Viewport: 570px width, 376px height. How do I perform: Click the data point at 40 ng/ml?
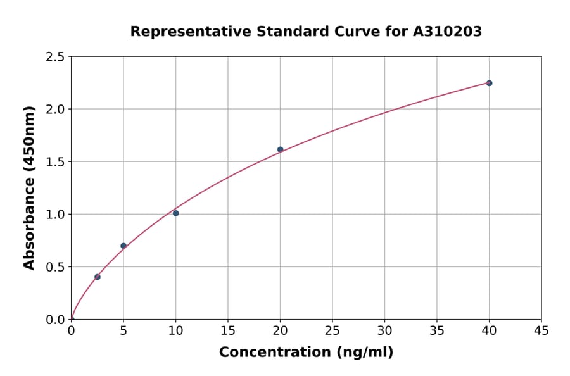click(489, 83)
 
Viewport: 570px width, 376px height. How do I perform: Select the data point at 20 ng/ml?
click(280, 149)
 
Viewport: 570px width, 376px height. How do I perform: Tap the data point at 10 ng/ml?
click(175, 213)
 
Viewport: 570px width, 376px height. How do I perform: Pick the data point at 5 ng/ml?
click(123, 246)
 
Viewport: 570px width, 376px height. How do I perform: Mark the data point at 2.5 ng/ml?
click(97, 277)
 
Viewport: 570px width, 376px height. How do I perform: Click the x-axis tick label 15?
click(228, 330)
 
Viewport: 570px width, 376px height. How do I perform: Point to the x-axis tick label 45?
click(541, 330)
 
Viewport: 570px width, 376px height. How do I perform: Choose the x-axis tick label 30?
click(384, 330)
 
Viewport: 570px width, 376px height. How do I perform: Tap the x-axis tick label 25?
click(332, 330)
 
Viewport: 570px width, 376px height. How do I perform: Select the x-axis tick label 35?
click(437, 330)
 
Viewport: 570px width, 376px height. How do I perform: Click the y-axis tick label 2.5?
click(56, 57)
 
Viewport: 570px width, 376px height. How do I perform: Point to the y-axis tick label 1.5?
click(56, 162)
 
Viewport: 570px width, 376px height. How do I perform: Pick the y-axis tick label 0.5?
click(56, 267)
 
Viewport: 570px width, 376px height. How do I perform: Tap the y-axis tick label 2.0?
click(56, 110)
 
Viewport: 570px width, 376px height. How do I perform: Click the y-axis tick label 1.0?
click(56, 215)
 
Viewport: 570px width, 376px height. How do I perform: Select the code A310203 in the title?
click(448, 32)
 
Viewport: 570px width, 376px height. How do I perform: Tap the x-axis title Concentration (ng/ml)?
click(306, 353)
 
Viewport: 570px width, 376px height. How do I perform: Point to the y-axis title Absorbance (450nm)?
click(29, 187)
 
